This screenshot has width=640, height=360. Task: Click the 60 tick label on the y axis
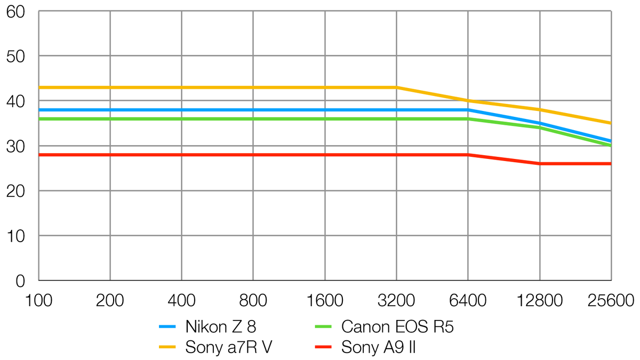(17, 11)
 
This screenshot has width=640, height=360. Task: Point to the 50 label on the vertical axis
(17, 56)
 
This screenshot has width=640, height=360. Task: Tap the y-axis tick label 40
(17, 101)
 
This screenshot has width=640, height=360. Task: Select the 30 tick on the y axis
(17, 146)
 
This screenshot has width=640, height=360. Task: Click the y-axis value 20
(17, 190)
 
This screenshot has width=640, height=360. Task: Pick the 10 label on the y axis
(17, 235)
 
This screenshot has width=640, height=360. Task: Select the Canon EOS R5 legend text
(398, 326)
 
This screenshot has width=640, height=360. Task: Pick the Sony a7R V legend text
(230, 348)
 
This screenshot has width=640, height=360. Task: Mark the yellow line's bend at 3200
(396, 87)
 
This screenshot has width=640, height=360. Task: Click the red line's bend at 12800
(540, 164)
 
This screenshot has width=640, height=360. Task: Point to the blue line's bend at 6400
(468, 110)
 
